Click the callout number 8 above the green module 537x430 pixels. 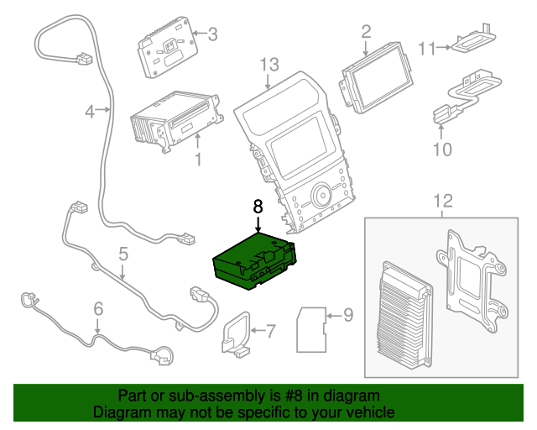tap(258, 205)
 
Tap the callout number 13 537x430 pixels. tap(268, 64)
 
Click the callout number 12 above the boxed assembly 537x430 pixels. tap(442, 201)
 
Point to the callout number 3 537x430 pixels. tap(212, 34)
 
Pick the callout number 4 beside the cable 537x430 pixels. tap(90, 110)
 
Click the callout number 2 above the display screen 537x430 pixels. tap(366, 32)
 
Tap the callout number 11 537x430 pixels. tap(427, 49)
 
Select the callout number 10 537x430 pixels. tap(442, 149)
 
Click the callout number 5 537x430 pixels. tap(123, 253)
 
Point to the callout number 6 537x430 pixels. tap(98, 308)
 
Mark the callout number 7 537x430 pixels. tap(270, 331)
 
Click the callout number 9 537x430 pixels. tap(349, 316)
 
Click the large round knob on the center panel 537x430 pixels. tap(321, 198)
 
